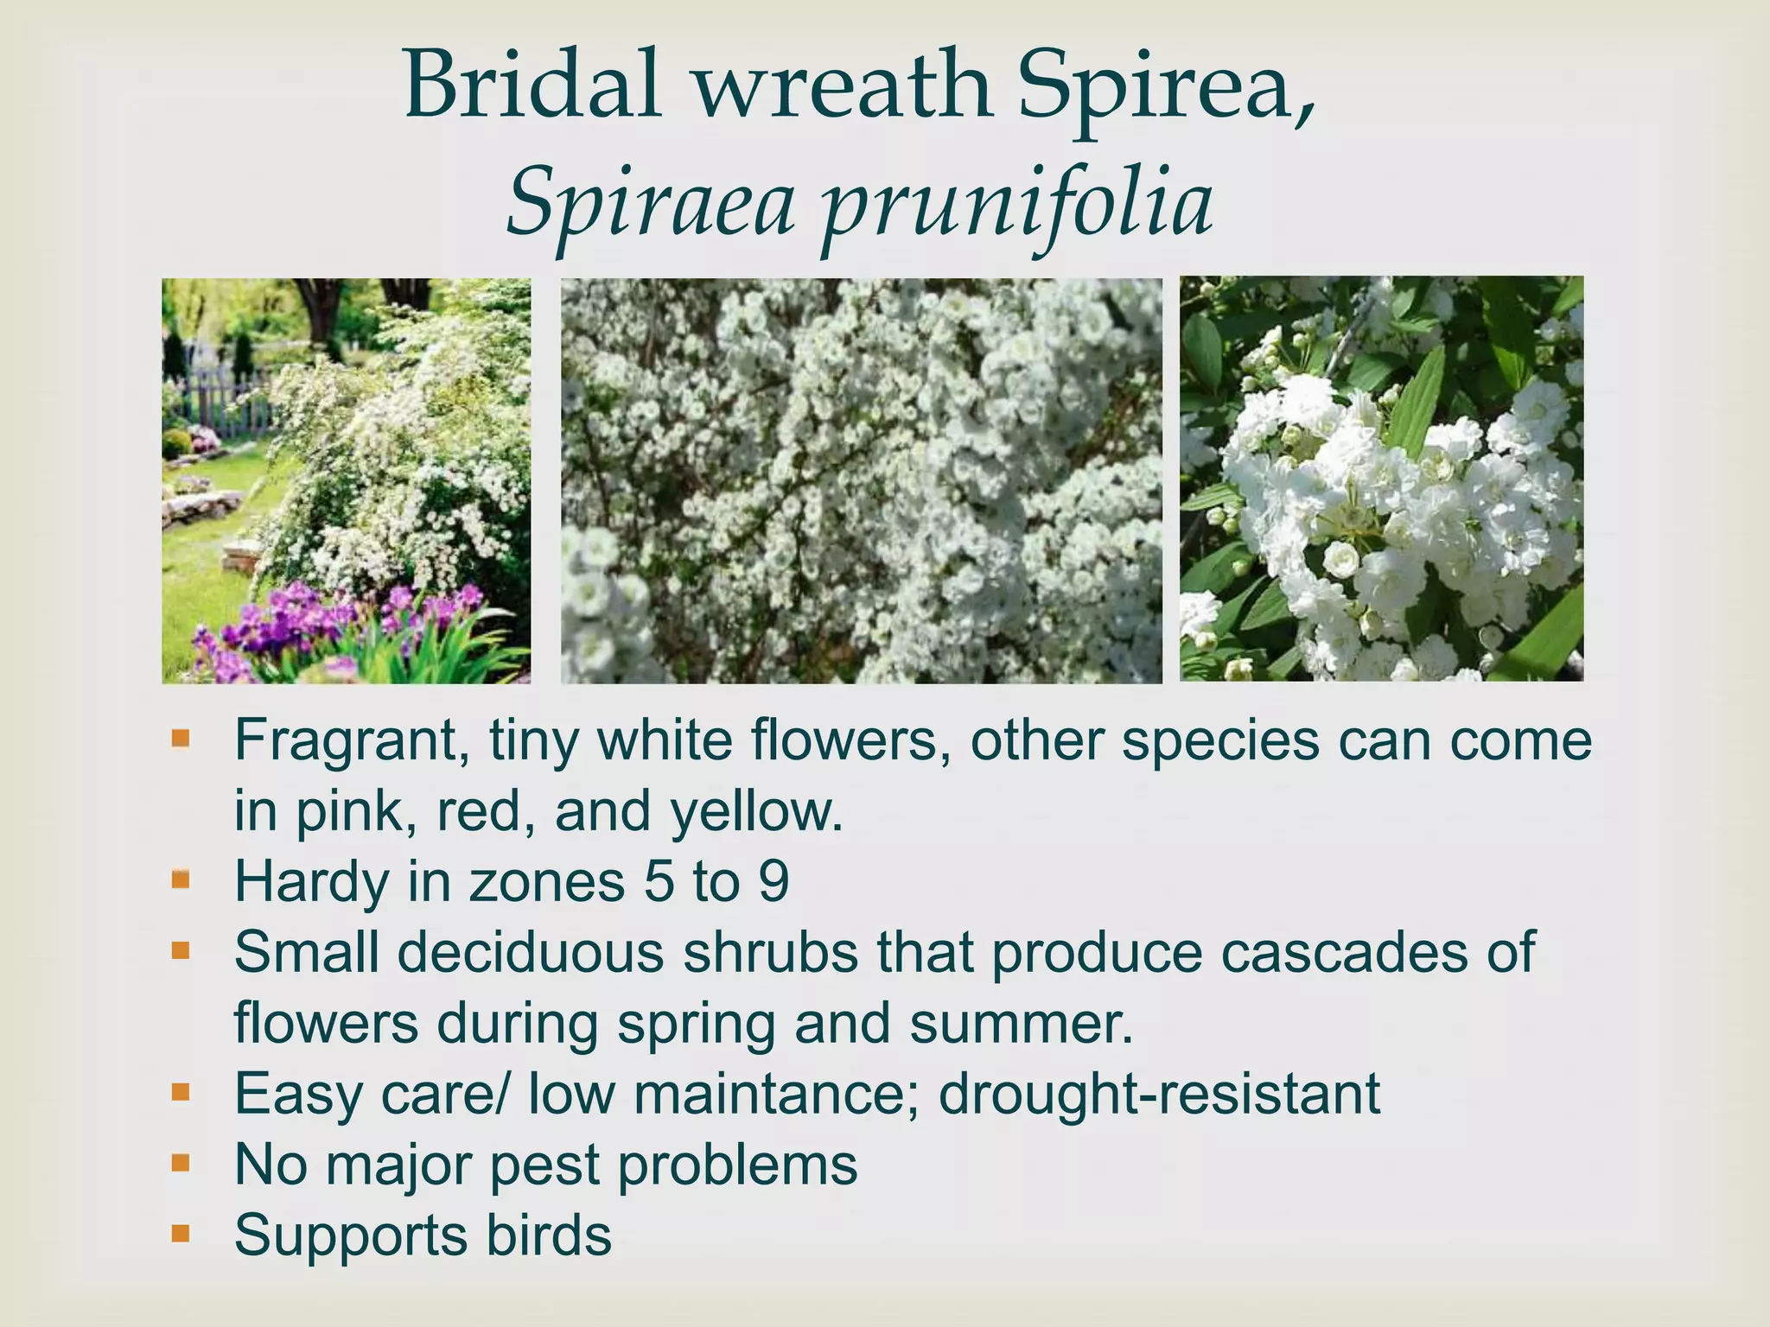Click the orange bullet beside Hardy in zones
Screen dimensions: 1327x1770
[180, 880]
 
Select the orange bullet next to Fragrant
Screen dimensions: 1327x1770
[180, 740]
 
